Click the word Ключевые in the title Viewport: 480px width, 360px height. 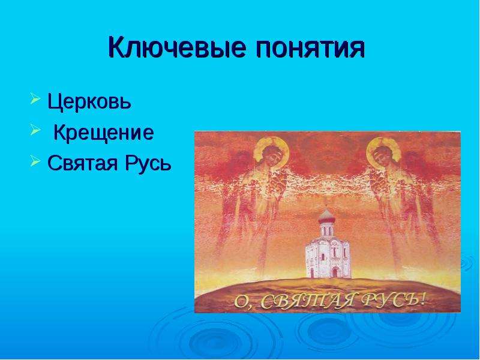177,47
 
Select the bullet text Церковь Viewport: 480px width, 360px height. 89,101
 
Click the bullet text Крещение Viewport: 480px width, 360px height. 103,133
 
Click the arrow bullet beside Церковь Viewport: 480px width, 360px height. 35,99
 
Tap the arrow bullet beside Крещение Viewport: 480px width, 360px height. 35,130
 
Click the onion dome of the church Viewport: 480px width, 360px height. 326,216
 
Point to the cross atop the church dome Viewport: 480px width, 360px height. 326,204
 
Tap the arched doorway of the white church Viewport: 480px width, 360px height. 335,272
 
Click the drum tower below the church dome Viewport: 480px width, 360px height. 326,229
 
